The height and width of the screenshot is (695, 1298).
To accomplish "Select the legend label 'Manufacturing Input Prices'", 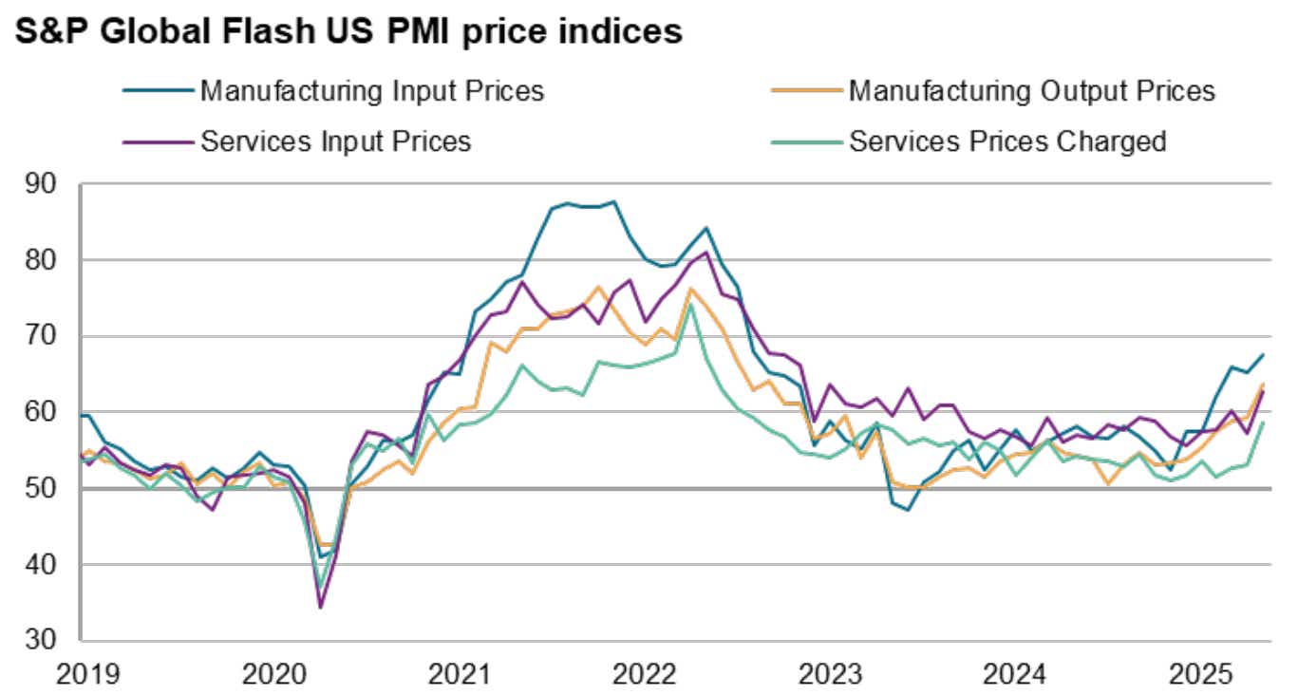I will pos(371,91).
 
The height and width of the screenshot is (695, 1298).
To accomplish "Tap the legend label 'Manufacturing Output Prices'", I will pos(1031,91).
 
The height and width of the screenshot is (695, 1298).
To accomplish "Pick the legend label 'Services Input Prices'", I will pos(335,141).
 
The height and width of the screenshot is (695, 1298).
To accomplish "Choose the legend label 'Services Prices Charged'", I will pos(1007,141).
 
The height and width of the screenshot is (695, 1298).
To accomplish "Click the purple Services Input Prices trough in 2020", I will pos(320,607).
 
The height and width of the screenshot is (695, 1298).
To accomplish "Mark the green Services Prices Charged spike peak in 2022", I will pos(691,305).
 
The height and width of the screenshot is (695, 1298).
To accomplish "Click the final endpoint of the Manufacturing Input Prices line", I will pos(1262,355).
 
